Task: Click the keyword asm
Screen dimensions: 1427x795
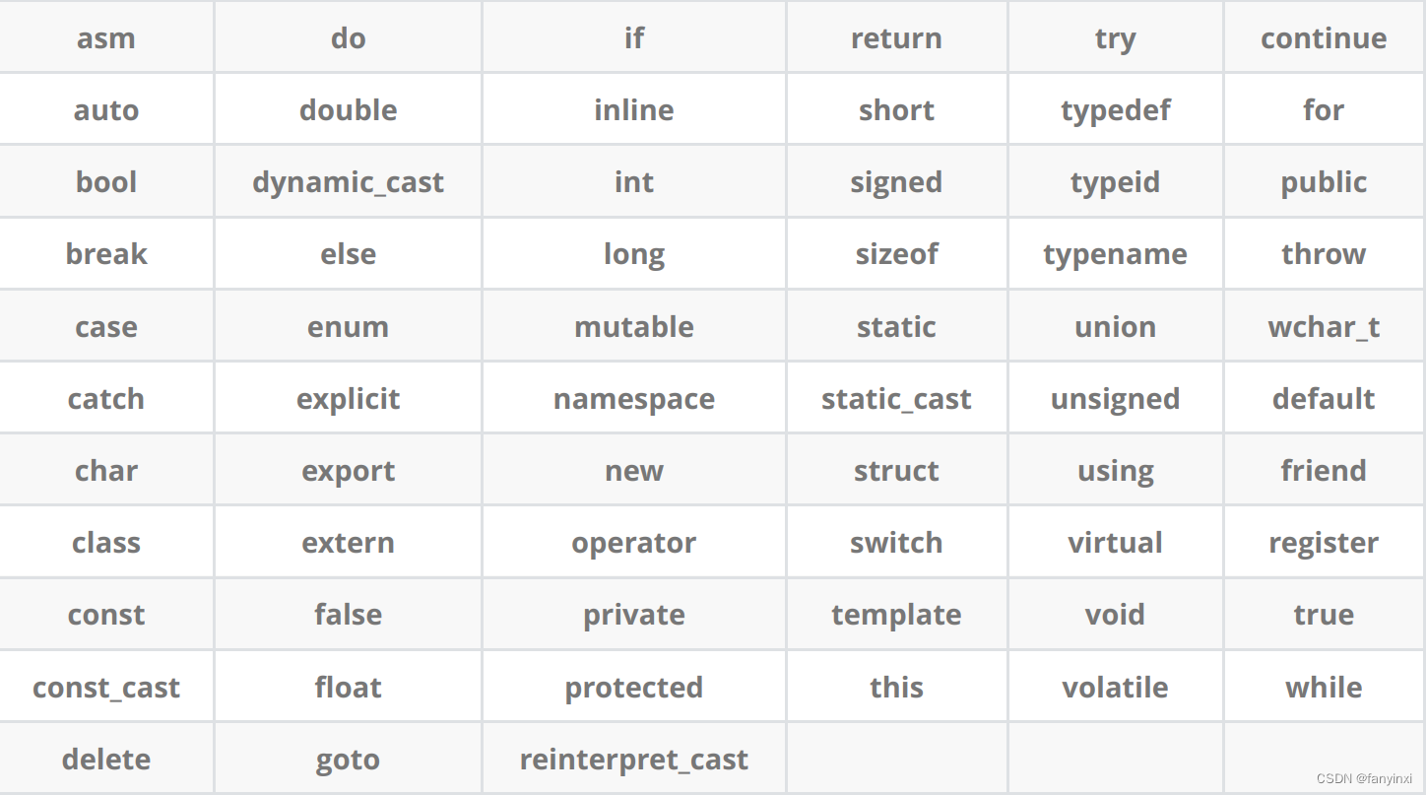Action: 105,38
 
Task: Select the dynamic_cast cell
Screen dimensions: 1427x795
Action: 348,182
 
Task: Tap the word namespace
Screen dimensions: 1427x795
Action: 633,399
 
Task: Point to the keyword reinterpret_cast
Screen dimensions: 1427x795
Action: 633,760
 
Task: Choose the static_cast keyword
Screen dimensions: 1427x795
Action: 896,399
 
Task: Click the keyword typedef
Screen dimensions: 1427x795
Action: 1115,110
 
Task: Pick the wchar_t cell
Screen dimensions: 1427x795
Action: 1324,327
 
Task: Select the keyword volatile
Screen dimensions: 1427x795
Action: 1115,688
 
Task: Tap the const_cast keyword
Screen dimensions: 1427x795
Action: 105,688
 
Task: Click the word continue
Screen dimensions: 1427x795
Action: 1324,38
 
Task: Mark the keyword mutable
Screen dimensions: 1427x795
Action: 633,327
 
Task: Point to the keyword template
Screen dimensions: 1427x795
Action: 896,615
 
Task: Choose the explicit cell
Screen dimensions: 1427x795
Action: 348,399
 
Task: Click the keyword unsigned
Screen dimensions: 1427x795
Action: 1115,399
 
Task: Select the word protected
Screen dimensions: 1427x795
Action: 633,688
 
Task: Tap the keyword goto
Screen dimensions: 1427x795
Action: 348,760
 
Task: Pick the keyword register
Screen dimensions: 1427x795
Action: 1324,543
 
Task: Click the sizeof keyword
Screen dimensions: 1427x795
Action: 896,254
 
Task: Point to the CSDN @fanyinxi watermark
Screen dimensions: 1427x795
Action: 1363,778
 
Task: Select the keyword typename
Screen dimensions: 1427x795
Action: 1115,254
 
